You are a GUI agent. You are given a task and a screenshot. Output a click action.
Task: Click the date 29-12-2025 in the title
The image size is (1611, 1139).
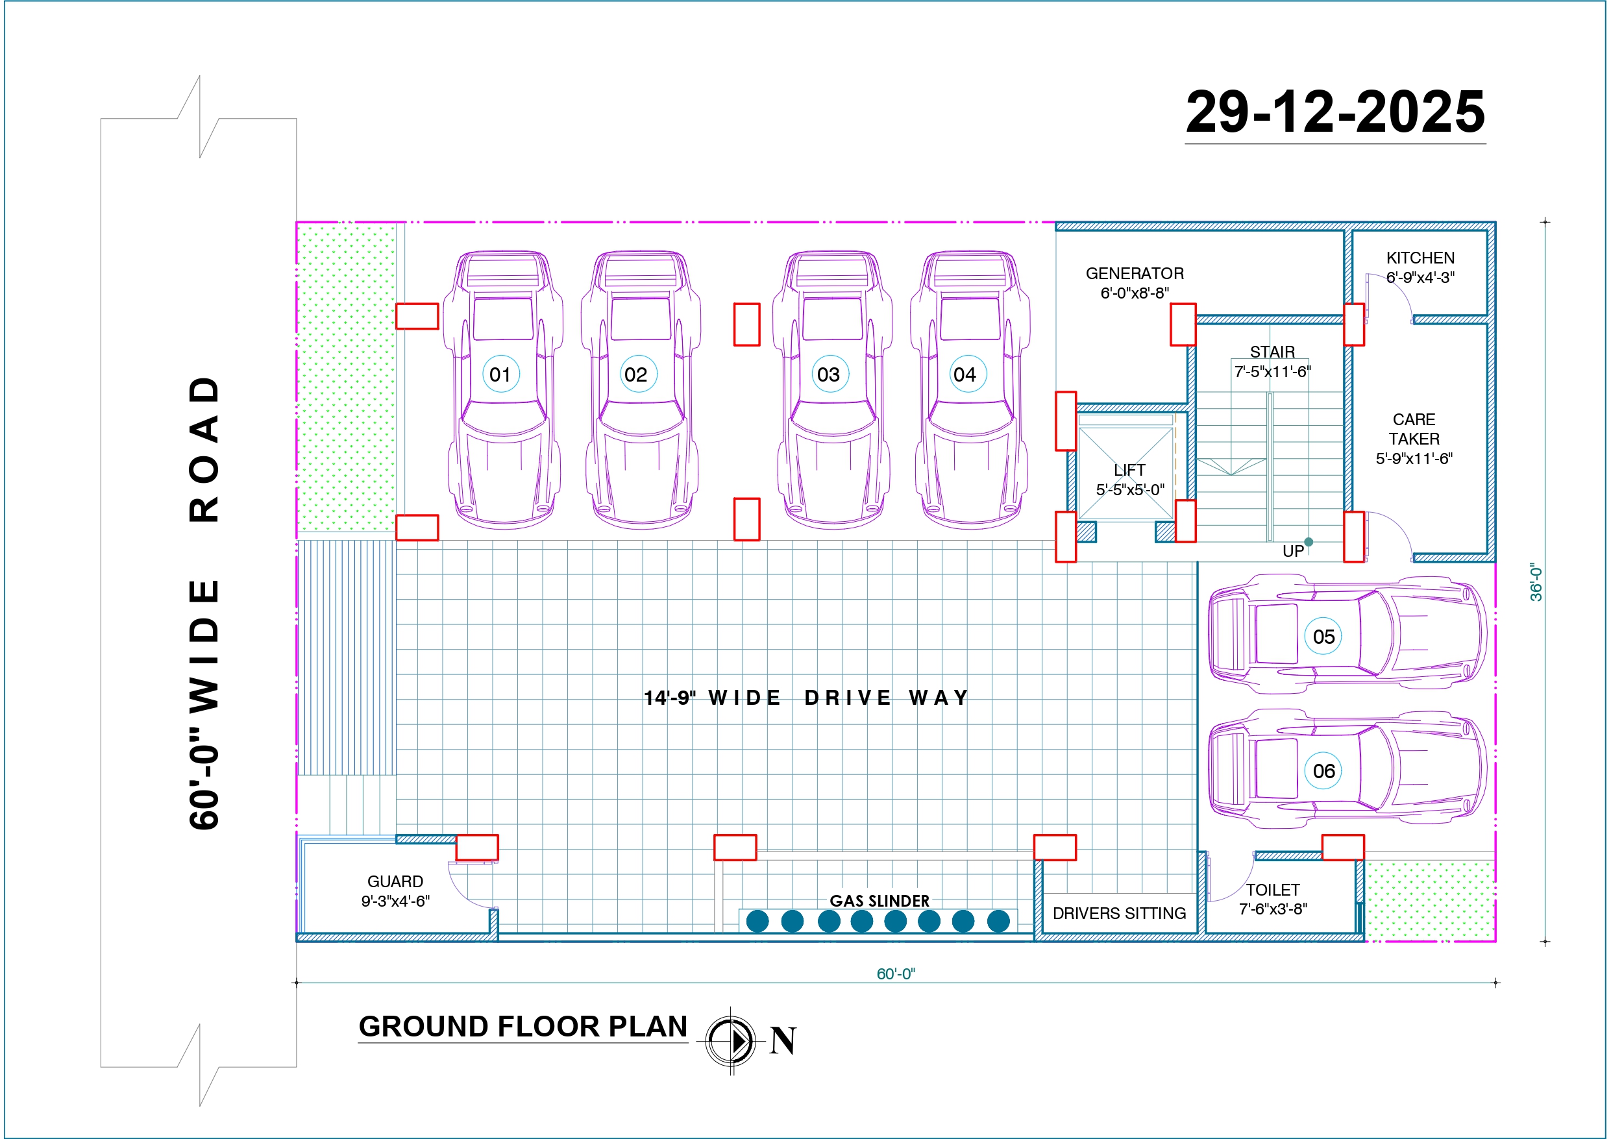[x=1334, y=112]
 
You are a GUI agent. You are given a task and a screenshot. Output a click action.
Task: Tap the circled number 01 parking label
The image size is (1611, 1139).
[x=500, y=374]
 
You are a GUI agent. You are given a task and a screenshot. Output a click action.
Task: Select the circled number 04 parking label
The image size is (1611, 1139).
[x=965, y=374]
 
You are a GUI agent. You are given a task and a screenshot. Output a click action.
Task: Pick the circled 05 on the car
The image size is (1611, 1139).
[x=1323, y=637]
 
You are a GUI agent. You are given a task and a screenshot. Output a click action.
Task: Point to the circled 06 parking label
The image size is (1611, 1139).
[x=1323, y=770]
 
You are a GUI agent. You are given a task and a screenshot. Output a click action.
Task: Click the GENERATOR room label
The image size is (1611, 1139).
[x=1135, y=274]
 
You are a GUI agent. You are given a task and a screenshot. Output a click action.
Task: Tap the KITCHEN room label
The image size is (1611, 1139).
[x=1420, y=258]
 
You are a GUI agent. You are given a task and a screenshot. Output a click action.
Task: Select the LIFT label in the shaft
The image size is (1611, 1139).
[x=1129, y=470]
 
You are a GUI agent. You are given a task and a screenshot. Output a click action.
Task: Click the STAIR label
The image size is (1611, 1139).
[x=1272, y=352]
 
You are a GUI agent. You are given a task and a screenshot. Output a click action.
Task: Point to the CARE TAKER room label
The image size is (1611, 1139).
[x=1414, y=429]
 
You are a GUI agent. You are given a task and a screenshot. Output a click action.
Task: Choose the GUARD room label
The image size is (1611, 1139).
[x=395, y=881]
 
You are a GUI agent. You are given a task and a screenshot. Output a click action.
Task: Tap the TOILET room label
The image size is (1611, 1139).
[x=1273, y=890]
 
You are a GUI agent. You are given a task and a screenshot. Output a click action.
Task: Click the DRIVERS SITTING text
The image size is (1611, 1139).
[x=1119, y=913]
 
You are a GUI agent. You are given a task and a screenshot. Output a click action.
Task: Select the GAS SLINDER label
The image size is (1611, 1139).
[x=879, y=900]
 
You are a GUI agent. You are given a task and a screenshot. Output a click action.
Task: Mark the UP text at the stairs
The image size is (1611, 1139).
[x=1293, y=552]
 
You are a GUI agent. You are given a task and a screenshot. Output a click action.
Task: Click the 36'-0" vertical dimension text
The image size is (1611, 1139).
[x=1536, y=582]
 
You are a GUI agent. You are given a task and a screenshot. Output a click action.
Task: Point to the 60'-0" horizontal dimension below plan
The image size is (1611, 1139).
[x=895, y=974]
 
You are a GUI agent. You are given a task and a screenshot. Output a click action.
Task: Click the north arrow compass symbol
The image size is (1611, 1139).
[x=730, y=1041]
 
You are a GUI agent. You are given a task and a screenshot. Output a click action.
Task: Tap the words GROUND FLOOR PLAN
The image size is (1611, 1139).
[x=523, y=1027]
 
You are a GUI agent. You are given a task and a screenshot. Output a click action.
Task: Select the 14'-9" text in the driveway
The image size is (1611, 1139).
[x=670, y=698]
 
